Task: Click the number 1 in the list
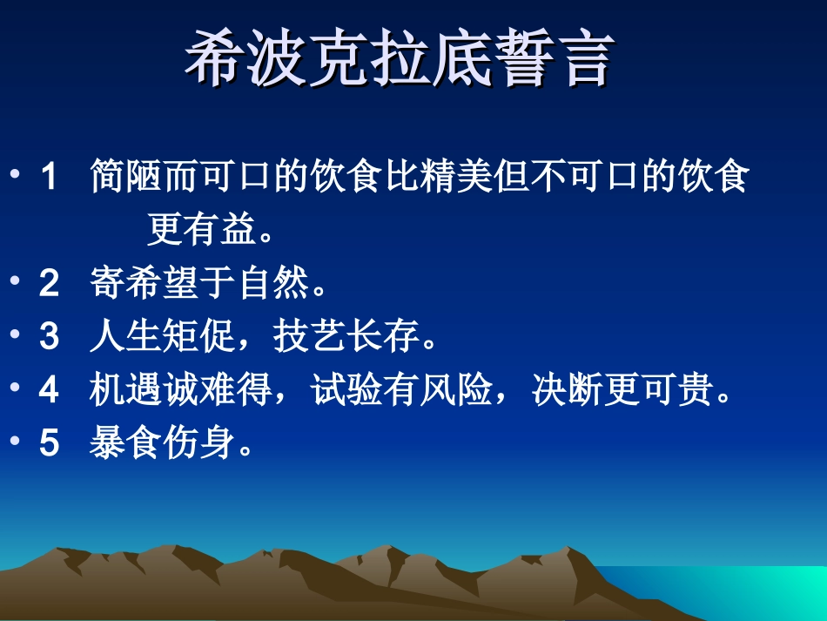(x=49, y=179)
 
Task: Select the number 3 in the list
(x=49, y=338)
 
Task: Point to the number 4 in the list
(x=49, y=392)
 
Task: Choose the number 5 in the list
(x=49, y=445)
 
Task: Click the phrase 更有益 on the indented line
(x=200, y=231)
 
